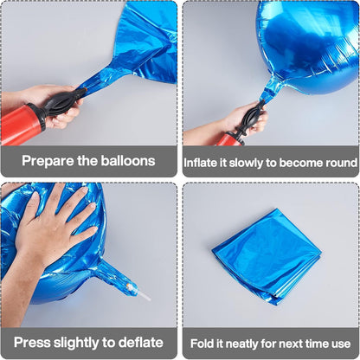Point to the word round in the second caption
pos(342,163)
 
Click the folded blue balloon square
pos(267,257)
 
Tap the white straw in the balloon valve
pos(144,295)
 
